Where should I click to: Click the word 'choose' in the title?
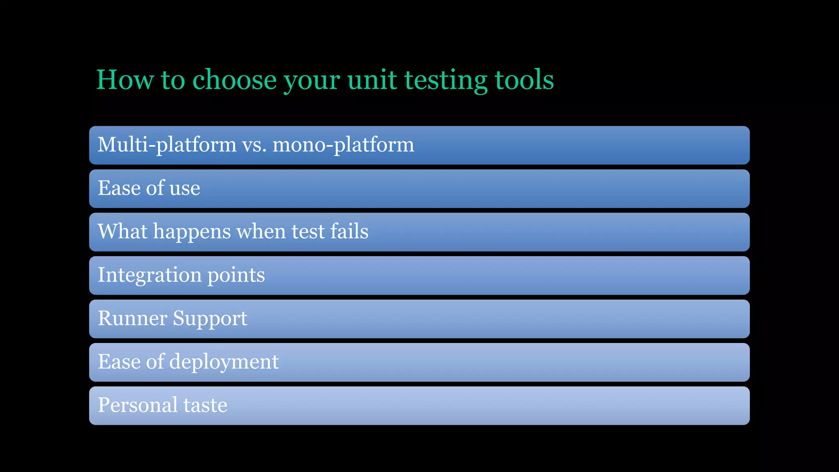pos(235,79)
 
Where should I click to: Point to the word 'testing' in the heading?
pos(446,80)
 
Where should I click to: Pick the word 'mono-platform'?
pos(343,145)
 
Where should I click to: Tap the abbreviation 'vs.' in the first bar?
pos(254,145)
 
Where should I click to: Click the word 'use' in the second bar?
pos(185,188)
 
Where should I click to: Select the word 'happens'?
pos(192,232)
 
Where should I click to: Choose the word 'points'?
pos(236,275)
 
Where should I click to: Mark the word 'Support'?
pos(210,319)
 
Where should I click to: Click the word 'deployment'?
pos(224,362)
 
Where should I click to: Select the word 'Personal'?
pos(137,405)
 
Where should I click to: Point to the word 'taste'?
pos(205,405)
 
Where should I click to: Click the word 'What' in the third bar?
pos(122,231)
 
